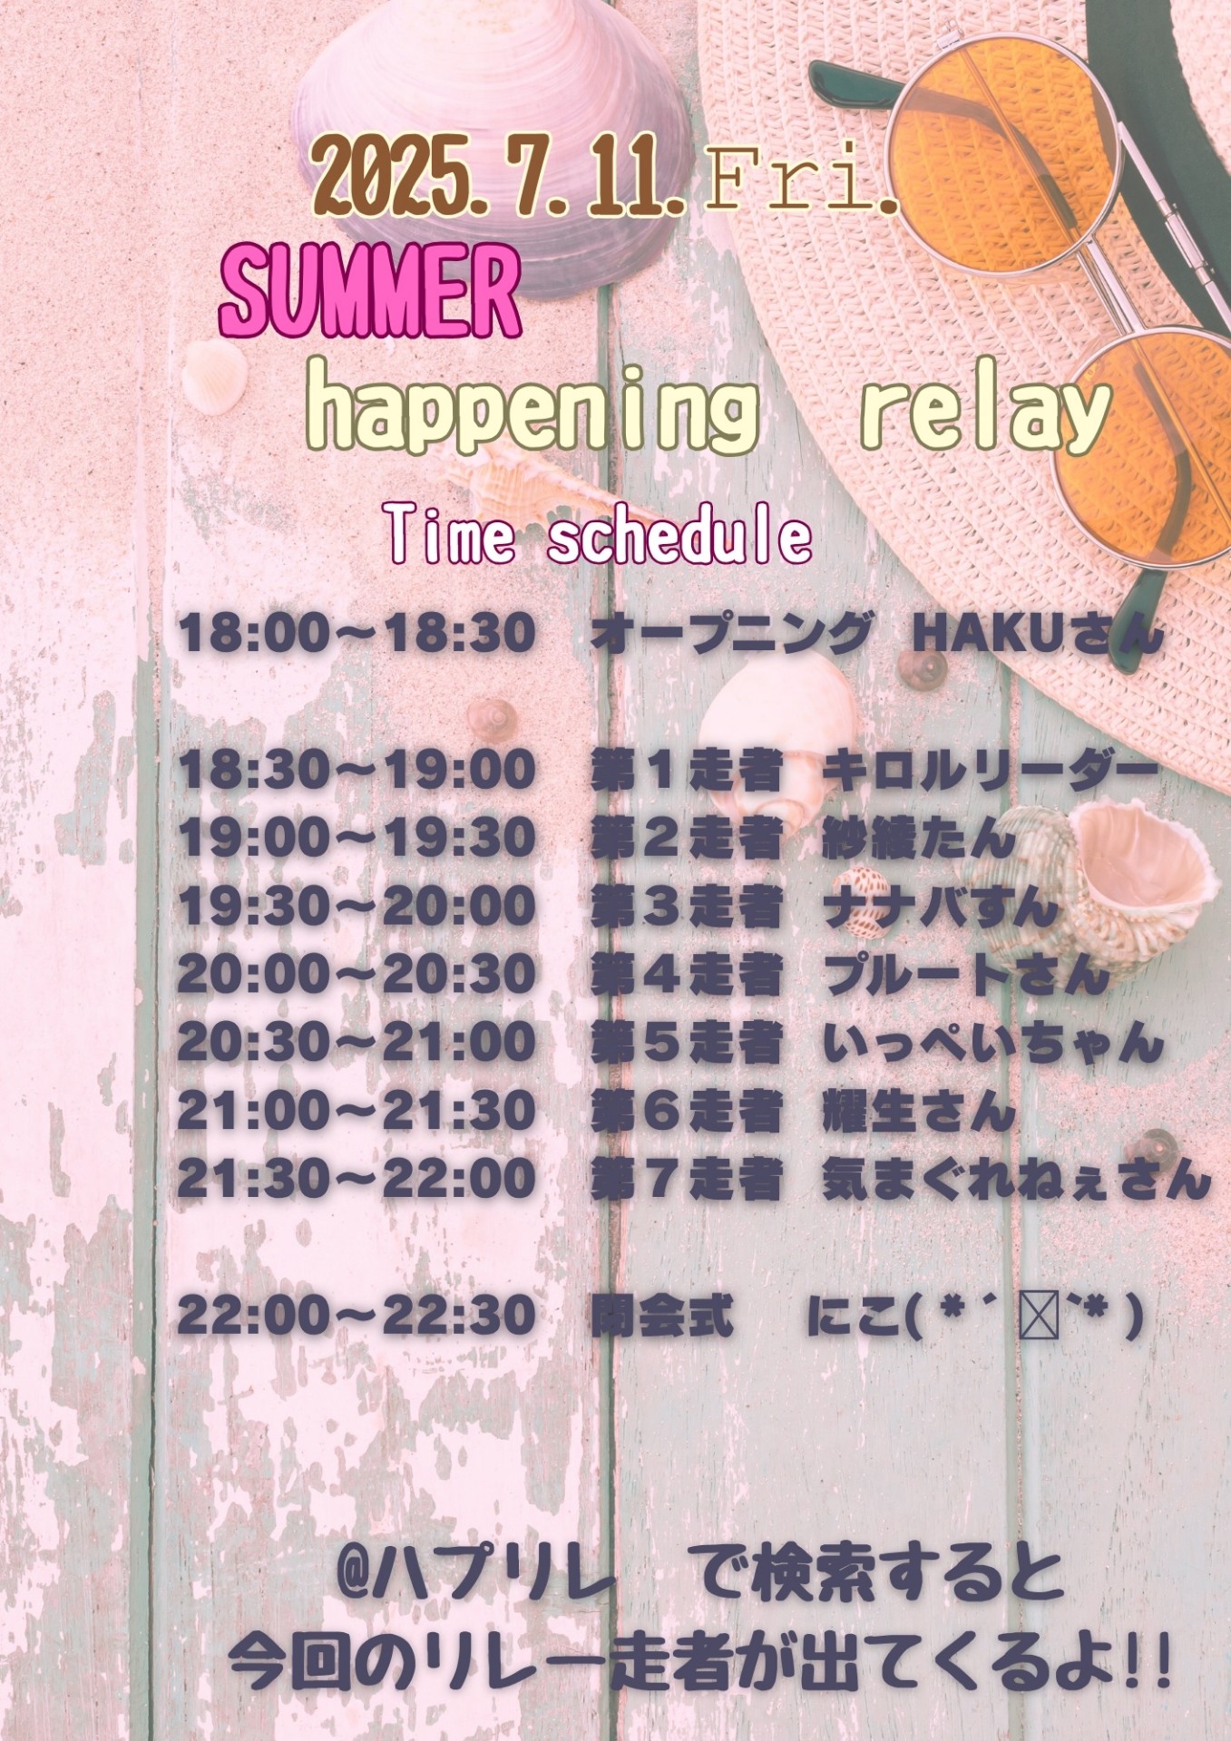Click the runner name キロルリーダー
[992, 771]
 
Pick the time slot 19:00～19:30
[357, 837]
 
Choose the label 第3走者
[687, 906]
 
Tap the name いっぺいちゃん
[993, 1042]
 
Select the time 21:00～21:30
[357, 1110]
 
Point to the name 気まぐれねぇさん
[1017, 1179]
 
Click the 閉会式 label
[662, 1315]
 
